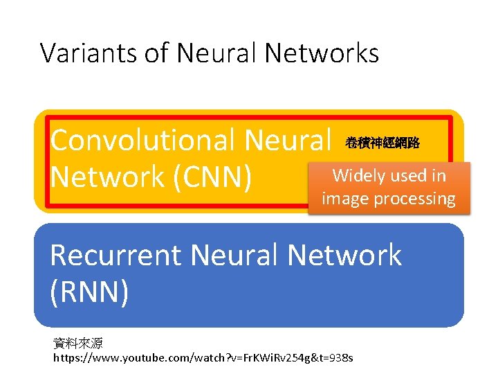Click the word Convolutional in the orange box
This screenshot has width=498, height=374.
[x=142, y=141]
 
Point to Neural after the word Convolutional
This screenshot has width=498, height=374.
[x=288, y=141]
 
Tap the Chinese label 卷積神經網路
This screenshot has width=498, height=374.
[x=382, y=143]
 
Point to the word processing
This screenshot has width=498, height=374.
[x=413, y=199]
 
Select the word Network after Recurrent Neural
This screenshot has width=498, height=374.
[x=344, y=256]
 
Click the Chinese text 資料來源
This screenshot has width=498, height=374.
[x=77, y=344]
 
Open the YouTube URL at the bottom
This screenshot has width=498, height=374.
[x=203, y=358]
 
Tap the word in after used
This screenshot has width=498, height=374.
[x=439, y=176]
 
